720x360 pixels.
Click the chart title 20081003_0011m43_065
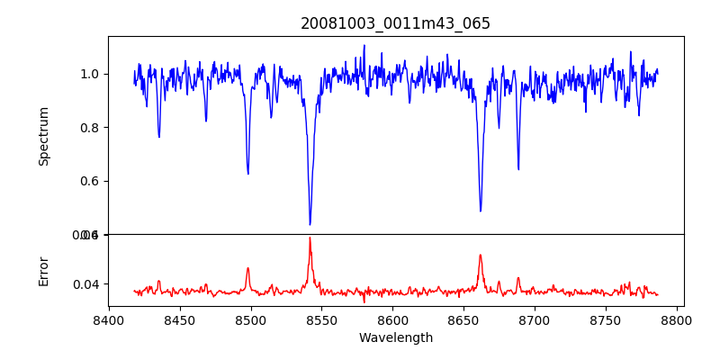click(x=395, y=23)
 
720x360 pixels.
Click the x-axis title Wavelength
click(x=395, y=338)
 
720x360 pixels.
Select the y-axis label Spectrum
click(x=43, y=136)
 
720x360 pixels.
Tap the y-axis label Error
click(x=43, y=271)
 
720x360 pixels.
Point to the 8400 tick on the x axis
click(x=109, y=319)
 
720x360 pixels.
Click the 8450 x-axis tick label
click(x=180, y=319)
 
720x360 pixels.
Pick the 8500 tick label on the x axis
click(x=251, y=319)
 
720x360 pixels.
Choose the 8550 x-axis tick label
click(x=322, y=319)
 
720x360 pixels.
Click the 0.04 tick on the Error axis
click(x=88, y=284)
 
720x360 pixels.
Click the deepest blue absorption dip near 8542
click(x=310, y=224)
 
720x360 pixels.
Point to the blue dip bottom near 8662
click(x=481, y=211)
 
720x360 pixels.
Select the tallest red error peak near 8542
click(x=310, y=238)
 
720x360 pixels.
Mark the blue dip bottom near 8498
click(x=248, y=173)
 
